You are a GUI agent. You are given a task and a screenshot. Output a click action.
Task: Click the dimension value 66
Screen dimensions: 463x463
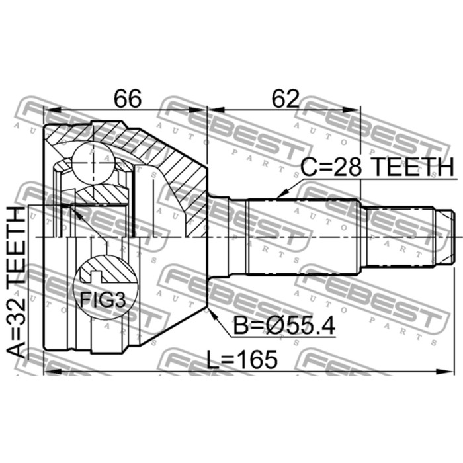[x=127, y=99]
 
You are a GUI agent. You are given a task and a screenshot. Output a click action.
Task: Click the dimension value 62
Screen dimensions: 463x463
[x=284, y=99]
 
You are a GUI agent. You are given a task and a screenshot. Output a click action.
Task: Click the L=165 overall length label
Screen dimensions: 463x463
[x=241, y=360]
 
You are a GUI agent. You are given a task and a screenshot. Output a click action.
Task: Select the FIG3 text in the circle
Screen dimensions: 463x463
[x=103, y=300]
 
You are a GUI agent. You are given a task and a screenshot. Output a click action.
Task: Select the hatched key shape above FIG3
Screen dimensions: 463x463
[x=103, y=271]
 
